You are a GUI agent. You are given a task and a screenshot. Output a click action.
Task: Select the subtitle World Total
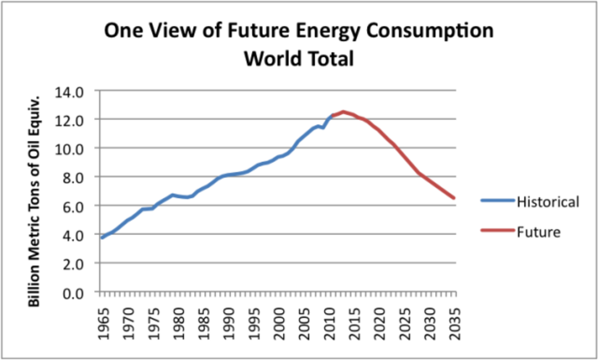[x=299, y=59]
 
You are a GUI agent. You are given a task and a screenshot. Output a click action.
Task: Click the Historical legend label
[x=548, y=202]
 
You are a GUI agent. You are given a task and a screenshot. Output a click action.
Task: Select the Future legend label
[x=539, y=232]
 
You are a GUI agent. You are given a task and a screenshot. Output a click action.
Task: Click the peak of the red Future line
[x=343, y=112]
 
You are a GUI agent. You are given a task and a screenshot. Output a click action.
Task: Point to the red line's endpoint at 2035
[x=454, y=198]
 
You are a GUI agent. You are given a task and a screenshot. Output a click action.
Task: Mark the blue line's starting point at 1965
[x=102, y=238]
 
